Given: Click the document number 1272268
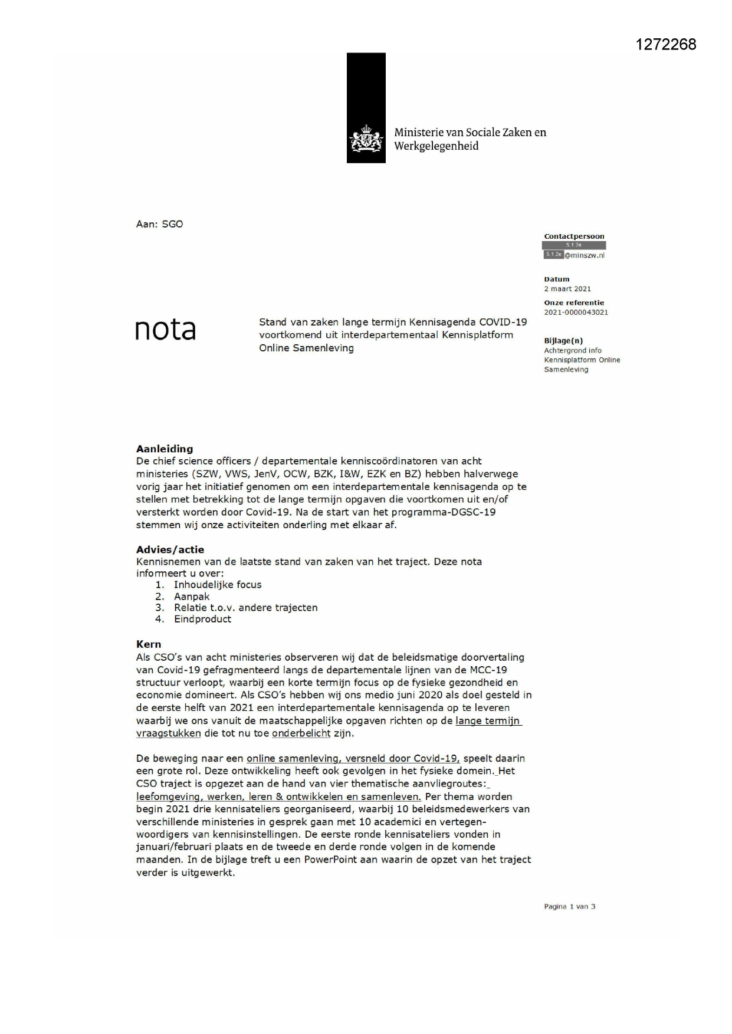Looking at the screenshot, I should tap(666, 44).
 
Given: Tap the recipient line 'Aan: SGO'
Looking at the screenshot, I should tap(159, 224).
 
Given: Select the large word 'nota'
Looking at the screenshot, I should tap(165, 330).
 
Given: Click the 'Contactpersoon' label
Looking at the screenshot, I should tap(574, 236).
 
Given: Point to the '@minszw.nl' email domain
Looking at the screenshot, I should tap(584, 255).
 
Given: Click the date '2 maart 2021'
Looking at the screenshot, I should tap(567, 289).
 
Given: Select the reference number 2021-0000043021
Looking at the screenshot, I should tap(576, 312).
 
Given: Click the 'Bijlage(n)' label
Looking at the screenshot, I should tap(563, 341).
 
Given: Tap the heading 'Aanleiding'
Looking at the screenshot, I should tap(165, 449).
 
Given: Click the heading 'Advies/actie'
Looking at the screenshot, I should tap(170, 549).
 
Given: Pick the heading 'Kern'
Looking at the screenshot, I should tap(149, 644).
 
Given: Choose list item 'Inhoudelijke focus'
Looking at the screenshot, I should tap(218, 585).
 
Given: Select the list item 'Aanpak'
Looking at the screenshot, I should tap(192, 597).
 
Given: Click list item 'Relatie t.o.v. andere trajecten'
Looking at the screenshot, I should tap(245, 608).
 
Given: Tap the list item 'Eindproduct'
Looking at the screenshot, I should tap(202, 619).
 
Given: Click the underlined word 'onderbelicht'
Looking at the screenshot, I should tap(301, 733).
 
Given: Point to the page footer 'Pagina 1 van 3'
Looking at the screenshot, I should tap(569, 907).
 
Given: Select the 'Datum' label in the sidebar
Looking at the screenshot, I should tap(557, 279).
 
